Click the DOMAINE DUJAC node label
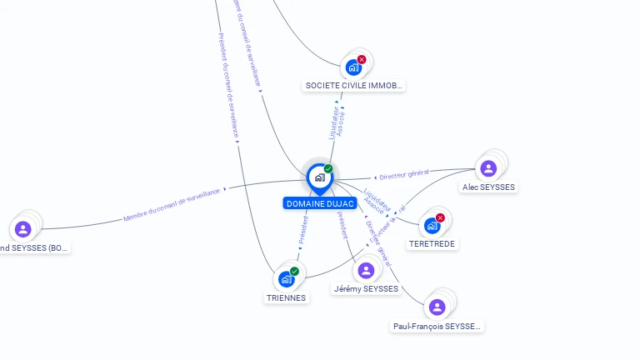[x=320, y=203]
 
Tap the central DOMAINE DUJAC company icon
[x=319, y=177]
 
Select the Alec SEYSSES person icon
[x=488, y=168]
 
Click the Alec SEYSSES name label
[x=489, y=187]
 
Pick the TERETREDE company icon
[x=432, y=225]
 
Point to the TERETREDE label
[x=432, y=244]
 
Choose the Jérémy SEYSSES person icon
[x=365, y=270]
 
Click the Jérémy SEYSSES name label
[x=366, y=289]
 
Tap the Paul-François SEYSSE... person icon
[x=437, y=307]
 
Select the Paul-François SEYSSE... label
[x=437, y=327]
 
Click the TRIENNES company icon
[x=286, y=279]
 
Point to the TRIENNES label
[x=286, y=297]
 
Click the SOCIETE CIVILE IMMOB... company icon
[x=353, y=67]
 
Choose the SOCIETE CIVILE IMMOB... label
[x=354, y=86]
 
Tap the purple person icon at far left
[x=22, y=228]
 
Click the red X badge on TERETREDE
[x=440, y=217]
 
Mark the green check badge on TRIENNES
[x=294, y=271]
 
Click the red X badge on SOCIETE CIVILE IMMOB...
[x=362, y=59]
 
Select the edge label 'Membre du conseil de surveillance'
[x=172, y=205]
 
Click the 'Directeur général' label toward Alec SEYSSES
[x=403, y=176]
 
